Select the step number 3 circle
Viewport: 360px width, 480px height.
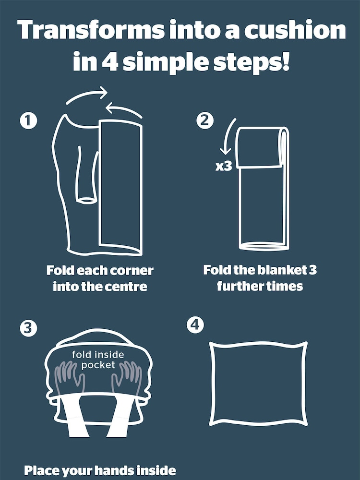click(28, 328)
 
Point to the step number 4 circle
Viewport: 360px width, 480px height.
click(195, 325)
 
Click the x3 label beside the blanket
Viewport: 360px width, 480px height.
click(224, 167)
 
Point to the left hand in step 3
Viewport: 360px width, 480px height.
click(70, 377)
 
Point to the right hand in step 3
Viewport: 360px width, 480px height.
click(127, 377)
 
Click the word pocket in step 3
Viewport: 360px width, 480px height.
click(98, 365)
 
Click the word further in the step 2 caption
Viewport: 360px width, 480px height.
click(236, 286)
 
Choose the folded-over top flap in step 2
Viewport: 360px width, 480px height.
click(259, 147)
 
